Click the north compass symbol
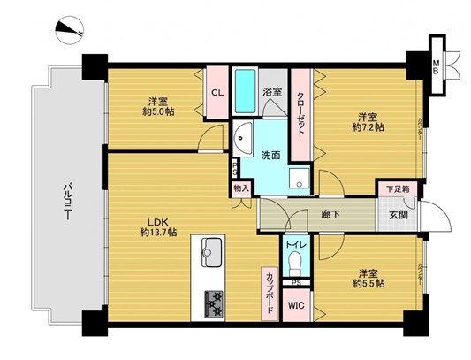tap(66, 28)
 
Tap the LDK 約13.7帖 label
tap(157, 226)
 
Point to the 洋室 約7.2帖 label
tap(368, 122)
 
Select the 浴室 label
tap(272, 91)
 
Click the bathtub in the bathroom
tap(246, 93)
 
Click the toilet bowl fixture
tap(295, 263)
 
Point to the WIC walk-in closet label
tap(295, 305)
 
